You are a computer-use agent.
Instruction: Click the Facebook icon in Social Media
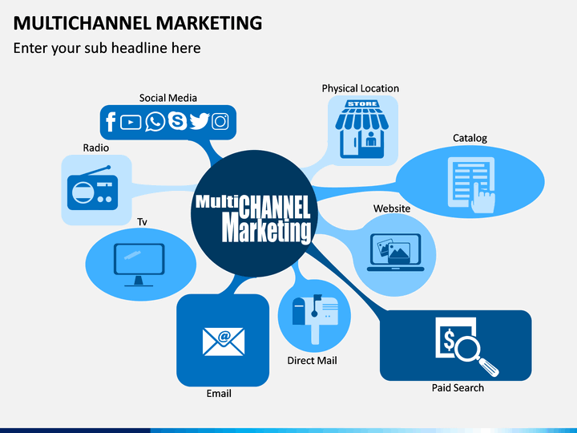pos(111,122)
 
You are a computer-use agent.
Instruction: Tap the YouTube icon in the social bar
pos(131,122)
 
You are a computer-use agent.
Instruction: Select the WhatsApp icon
pos(155,122)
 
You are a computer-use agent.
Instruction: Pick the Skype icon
pos(176,122)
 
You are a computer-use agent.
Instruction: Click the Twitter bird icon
pos(199,122)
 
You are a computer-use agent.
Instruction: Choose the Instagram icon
pos(220,122)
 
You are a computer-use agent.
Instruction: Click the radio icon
pos(89,188)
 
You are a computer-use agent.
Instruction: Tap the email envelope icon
pos(224,340)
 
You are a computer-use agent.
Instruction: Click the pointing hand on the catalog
pos(483,196)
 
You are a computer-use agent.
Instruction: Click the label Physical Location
pos(360,88)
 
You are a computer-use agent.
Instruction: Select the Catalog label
pos(470,138)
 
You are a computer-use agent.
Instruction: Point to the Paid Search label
pos(458,388)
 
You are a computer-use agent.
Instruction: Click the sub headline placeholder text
pos(107,48)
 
